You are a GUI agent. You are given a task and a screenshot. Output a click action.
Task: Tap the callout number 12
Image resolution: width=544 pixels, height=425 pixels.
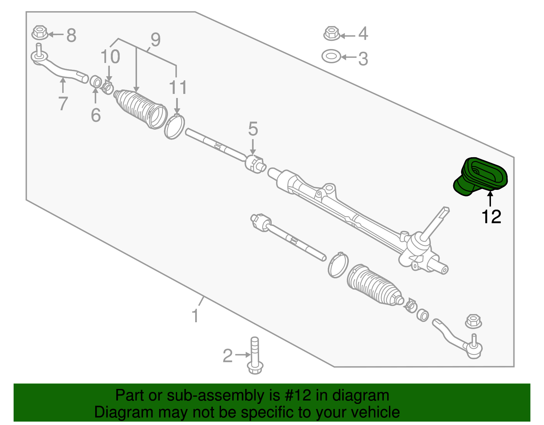(491, 217)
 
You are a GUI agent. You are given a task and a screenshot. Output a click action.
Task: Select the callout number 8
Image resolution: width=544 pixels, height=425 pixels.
(71, 35)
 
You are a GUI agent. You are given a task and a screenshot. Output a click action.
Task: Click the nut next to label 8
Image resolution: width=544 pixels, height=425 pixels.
(40, 32)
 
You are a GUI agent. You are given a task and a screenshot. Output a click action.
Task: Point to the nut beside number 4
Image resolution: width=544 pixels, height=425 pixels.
(332, 33)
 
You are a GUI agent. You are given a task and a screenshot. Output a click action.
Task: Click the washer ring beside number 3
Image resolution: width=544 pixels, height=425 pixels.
(331, 56)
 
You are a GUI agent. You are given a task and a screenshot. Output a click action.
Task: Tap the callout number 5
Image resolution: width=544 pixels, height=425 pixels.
(253, 129)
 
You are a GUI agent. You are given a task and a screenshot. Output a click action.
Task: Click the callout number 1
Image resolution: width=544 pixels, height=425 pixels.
(195, 316)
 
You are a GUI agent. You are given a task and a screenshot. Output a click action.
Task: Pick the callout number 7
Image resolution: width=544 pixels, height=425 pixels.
(63, 103)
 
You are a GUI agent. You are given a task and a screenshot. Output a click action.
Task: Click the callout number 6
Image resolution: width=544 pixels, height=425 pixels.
(96, 115)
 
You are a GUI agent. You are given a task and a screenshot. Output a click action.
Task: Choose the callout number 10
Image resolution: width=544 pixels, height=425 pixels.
(110, 56)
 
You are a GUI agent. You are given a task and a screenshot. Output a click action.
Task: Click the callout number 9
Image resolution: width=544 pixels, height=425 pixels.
(155, 39)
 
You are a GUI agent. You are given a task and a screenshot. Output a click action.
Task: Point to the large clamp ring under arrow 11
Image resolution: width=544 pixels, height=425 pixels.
(174, 126)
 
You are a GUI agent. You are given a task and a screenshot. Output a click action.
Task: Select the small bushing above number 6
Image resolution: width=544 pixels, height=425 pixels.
(96, 81)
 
